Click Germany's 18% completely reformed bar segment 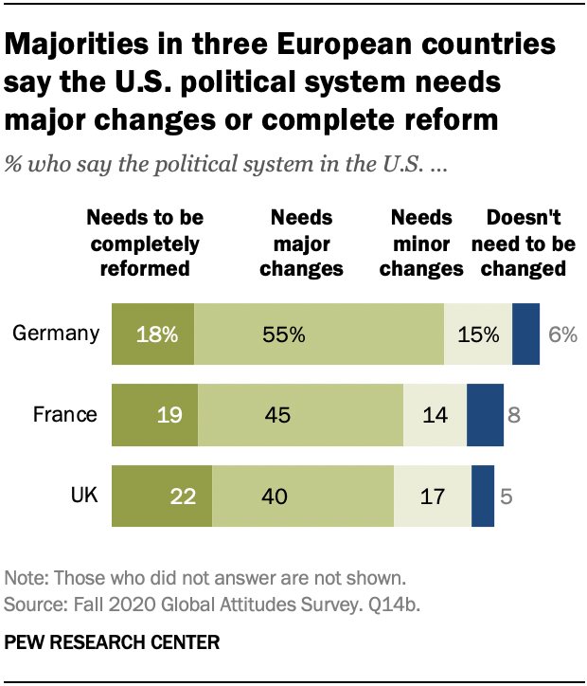[x=152, y=334]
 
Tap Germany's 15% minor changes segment [x=478, y=334]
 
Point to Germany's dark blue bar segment [x=525, y=334]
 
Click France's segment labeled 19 [x=154, y=414]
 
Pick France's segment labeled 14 [x=435, y=414]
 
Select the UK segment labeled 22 [x=162, y=495]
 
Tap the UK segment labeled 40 [x=302, y=495]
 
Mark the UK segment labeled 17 [x=432, y=495]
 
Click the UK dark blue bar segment [x=483, y=495]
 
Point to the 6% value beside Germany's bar [x=561, y=334]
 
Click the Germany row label [x=56, y=334]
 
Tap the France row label [x=65, y=414]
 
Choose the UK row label [x=82, y=495]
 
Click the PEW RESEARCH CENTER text [x=112, y=642]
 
